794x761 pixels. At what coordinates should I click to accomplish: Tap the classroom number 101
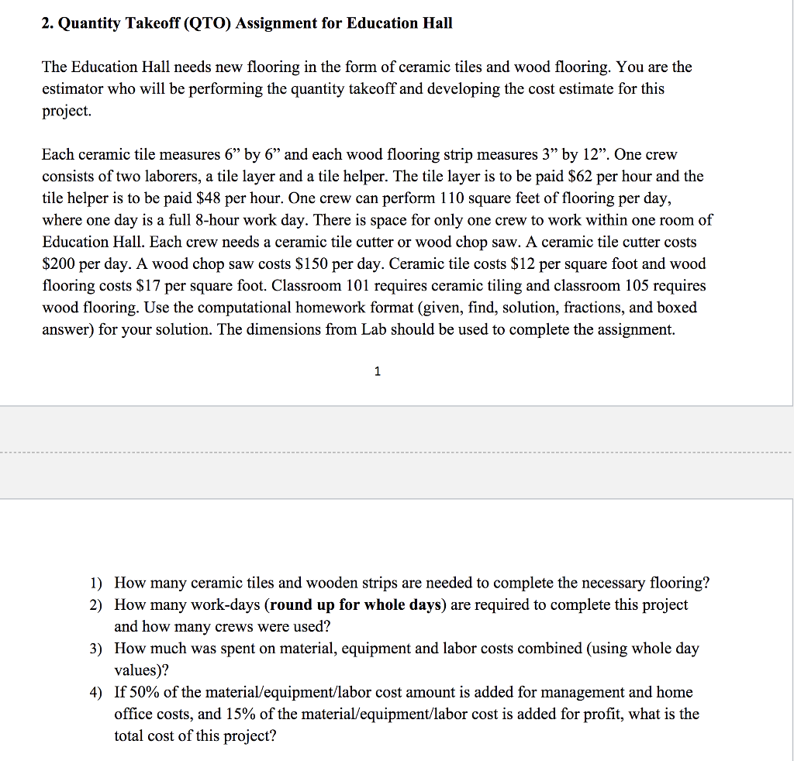point(357,285)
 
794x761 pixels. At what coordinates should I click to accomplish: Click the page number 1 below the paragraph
point(378,372)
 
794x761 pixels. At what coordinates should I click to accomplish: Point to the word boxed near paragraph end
point(676,308)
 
